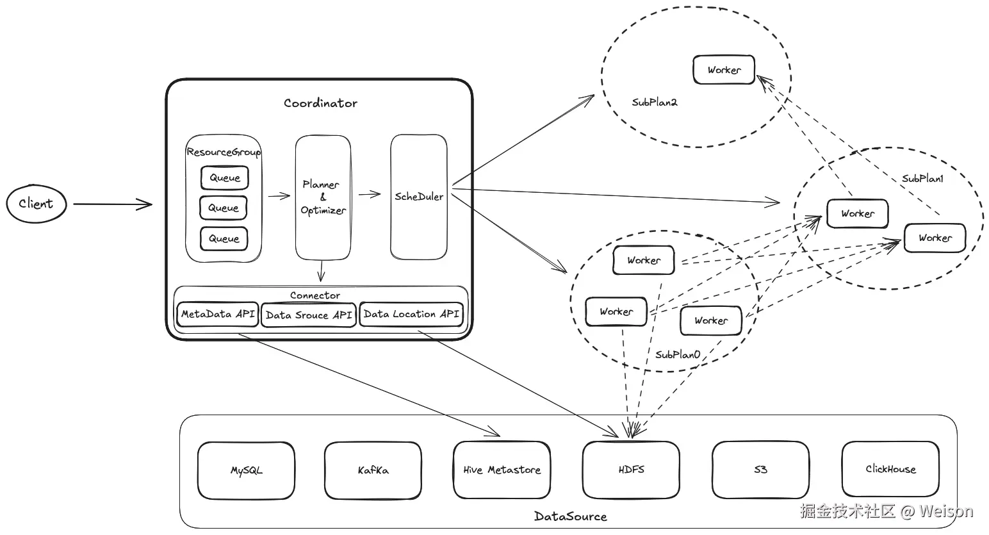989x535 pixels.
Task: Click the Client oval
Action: (x=37, y=204)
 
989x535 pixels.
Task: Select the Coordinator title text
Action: (x=320, y=103)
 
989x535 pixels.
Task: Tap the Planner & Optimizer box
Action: (x=323, y=197)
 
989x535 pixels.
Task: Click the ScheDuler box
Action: (x=419, y=197)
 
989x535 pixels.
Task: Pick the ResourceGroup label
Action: (x=224, y=152)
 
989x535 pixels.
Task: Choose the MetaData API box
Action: (x=218, y=315)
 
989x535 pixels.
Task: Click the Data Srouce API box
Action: (x=309, y=315)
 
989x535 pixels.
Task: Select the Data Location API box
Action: (x=411, y=314)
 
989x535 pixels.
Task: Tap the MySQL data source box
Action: (x=247, y=470)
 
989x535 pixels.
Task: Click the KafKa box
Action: (x=373, y=470)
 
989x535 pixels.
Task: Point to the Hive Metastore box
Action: (x=502, y=470)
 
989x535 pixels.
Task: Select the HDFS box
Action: (x=631, y=470)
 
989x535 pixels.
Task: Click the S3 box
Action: (x=760, y=470)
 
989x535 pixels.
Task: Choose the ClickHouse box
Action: (x=890, y=469)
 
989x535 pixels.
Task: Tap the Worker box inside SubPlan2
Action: (x=724, y=70)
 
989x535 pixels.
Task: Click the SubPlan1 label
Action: (x=922, y=179)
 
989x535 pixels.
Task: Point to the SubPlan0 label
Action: (x=678, y=354)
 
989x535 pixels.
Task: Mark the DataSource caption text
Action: (x=570, y=516)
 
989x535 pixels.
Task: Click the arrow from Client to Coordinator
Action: (x=112, y=204)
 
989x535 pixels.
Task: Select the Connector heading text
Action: (x=315, y=295)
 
